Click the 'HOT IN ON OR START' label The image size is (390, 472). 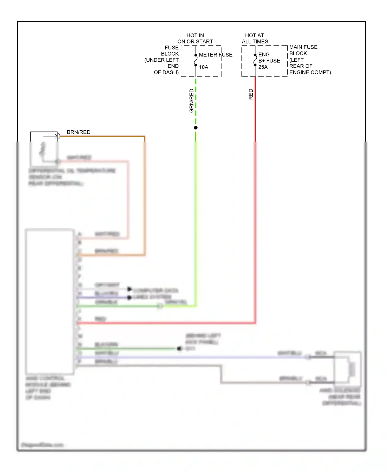195,39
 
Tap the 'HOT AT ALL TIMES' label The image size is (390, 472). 255,39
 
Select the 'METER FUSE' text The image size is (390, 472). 216,55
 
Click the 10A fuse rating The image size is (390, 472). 204,67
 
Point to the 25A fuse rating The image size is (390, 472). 263,67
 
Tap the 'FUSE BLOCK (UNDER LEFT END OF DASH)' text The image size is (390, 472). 162,60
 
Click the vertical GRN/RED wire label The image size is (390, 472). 192,101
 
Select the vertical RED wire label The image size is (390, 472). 251,94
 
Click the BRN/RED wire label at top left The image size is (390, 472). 79,132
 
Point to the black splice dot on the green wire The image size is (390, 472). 196,128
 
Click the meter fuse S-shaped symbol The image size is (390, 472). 196,60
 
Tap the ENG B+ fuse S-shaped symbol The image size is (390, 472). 255,60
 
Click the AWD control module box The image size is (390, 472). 50,301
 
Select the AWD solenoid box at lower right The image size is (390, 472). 347,368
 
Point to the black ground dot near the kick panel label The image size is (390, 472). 179,348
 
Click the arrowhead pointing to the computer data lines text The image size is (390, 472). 129,289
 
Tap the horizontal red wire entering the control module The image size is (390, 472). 166,323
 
